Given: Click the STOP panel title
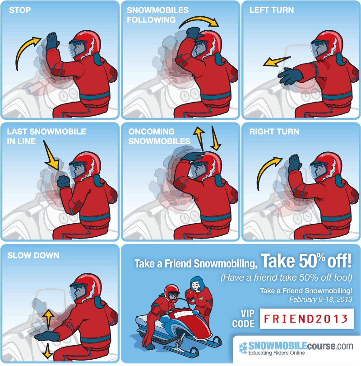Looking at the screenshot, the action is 20,10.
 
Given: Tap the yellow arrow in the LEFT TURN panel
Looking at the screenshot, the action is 277,61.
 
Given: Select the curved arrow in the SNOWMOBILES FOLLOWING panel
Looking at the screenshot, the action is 200,20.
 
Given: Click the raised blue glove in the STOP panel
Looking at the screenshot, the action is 52,41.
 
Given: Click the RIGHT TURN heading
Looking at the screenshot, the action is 274,131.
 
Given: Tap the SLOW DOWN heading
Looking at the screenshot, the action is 33,255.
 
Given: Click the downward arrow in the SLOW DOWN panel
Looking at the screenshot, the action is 47,351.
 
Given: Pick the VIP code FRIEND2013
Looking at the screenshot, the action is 306,319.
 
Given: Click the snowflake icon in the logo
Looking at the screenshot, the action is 243,348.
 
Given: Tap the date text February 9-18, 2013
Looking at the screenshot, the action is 321,300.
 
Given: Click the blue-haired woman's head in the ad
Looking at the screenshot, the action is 197,284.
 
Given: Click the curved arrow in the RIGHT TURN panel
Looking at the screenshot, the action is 267,170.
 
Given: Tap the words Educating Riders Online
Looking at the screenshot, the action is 277,353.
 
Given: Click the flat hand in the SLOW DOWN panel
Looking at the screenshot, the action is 46,336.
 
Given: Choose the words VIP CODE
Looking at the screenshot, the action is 243,319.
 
